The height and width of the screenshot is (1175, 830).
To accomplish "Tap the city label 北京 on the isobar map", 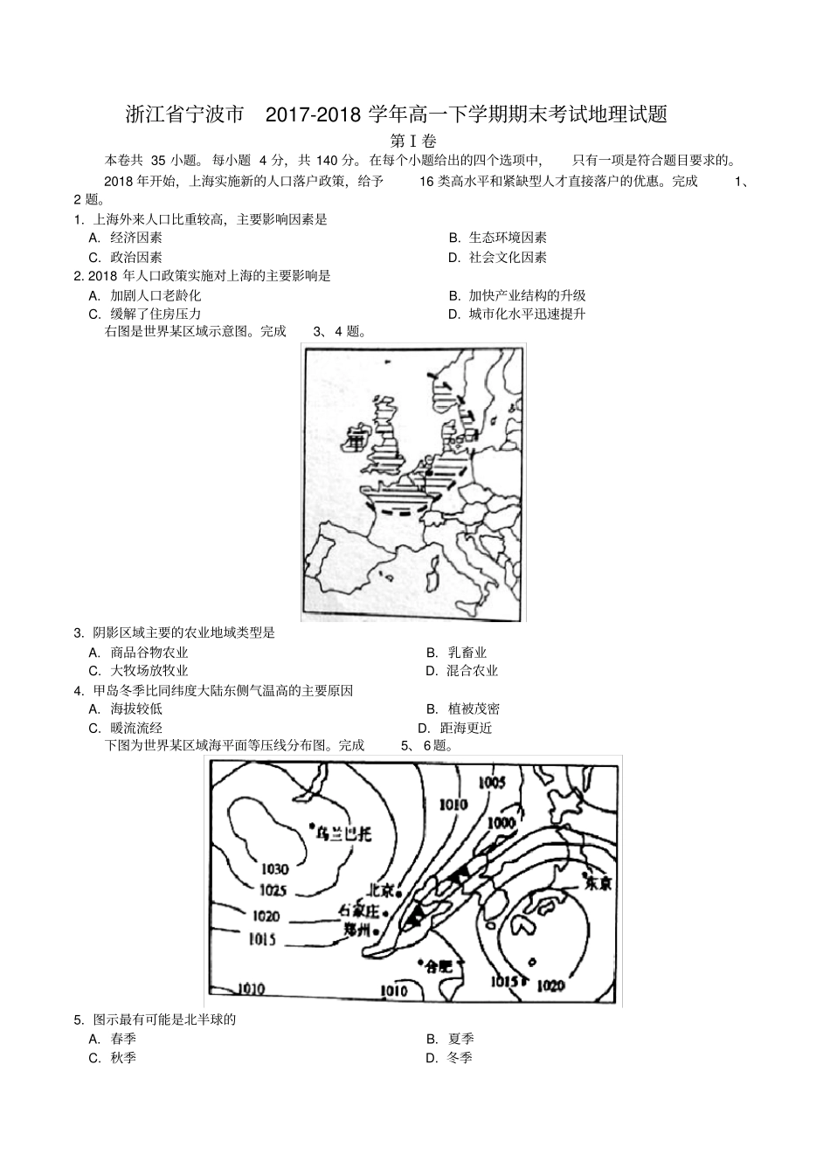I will (x=381, y=891).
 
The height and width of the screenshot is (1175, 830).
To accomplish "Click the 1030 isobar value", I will (x=274, y=869).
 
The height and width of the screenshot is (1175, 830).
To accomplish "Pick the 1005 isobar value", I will (x=492, y=783).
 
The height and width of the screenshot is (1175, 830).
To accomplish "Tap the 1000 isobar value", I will (x=501, y=823).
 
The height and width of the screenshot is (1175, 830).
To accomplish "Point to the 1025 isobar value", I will (x=273, y=890).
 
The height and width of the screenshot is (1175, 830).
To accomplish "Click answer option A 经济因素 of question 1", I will (x=135, y=238).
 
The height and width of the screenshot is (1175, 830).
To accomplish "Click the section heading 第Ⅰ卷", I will (x=413, y=141).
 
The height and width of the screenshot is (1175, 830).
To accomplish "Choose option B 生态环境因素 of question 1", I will (x=508, y=238).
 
